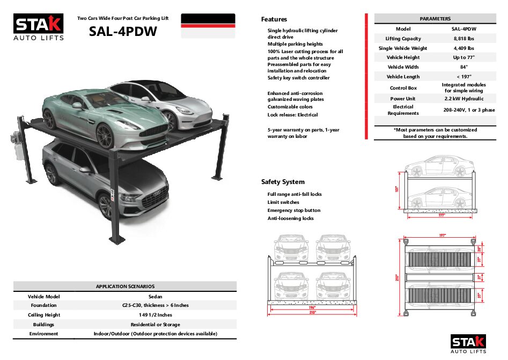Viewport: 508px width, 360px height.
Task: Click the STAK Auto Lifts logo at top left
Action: pos(39,27)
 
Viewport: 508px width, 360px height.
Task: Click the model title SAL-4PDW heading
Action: pos(123,32)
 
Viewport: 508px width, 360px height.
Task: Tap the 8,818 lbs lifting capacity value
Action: pos(463,39)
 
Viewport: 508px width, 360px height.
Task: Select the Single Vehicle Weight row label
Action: pos(403,48)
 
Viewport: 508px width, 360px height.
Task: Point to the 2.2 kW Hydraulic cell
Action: pos(463,99)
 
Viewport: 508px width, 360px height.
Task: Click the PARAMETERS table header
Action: pos(435,19)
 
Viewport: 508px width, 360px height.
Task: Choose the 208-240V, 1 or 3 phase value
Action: pos(469,110)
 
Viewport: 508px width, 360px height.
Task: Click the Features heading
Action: pos(274,19)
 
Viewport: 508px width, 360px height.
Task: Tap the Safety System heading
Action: pos(283,182)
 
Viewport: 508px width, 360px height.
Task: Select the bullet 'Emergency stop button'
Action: pos(293,210)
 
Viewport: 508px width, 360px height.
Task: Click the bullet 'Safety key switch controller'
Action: pos(298,78)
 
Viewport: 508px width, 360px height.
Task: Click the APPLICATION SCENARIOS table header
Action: pos(125,286)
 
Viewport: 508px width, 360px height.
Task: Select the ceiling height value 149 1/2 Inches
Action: pos(155,315)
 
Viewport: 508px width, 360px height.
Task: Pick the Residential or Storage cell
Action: pos(155,325)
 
